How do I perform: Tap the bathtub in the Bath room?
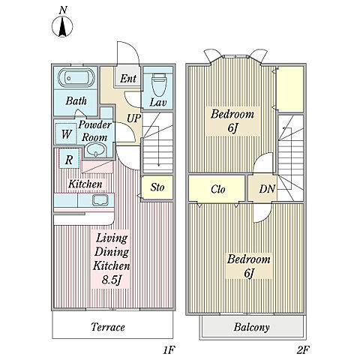(76, 78)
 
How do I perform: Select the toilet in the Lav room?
(159, 84)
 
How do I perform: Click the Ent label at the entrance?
(128, 79)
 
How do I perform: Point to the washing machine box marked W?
(66, 133)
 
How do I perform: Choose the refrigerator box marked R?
(69, 159)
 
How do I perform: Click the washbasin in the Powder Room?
(96, 150)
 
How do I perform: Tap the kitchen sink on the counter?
(100, 200)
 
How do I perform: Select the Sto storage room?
(157, 187)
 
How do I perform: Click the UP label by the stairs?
(133, 118)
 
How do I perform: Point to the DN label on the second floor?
(267, 189)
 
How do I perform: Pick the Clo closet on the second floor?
(217, 188)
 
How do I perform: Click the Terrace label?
(108, 327)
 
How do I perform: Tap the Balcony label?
(252, 327)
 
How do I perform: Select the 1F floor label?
(169, 350)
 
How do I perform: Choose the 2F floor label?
(303, 350)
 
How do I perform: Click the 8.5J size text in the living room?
(112, 280)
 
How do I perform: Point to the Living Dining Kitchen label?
(112, 252)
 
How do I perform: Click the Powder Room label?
(94, 131)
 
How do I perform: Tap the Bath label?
(76, 101)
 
